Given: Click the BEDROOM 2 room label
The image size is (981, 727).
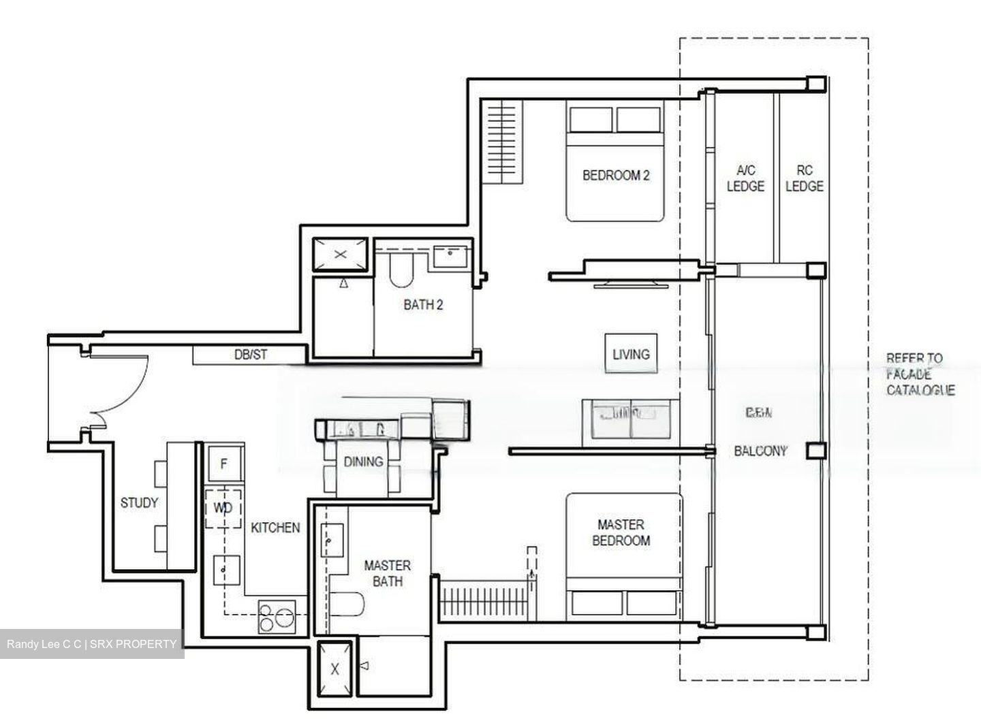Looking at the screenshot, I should [615, 176].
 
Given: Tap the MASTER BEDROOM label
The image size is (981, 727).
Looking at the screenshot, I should [620, 532].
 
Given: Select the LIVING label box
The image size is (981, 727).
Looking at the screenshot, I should [631, 354].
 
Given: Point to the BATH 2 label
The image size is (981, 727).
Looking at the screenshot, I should [422, 305].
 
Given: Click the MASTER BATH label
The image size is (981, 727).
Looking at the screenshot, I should [387, 573].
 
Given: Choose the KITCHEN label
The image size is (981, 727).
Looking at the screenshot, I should [275, 528].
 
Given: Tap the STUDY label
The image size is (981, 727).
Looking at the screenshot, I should [139, 503].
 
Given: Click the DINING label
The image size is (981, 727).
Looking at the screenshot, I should [363, 462].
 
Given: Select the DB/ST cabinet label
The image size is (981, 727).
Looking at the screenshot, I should [250, 355].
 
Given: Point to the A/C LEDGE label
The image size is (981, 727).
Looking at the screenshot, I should [745, 178].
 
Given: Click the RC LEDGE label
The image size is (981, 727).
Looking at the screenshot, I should [804, 178].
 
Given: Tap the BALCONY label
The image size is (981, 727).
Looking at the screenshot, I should [760, 451].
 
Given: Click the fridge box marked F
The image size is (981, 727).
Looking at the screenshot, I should [223, 464].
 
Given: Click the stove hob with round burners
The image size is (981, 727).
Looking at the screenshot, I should [276, 617].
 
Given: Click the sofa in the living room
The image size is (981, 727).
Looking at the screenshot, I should [630, 421].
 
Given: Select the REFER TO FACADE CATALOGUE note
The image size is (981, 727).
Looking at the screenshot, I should [920, 374].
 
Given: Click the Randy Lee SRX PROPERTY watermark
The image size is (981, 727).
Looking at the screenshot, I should [91, 644].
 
